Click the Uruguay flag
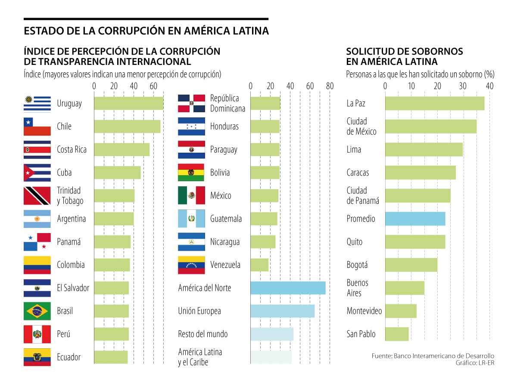(x=37, y=104)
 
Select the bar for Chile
(x=127, y=126)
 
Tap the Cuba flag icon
(x=37, y=172)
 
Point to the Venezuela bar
(x=259, y=265)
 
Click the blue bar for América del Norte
(x=288, y=288)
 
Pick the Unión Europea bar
(x=282, y=311)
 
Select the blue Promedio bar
(x=415, y=219)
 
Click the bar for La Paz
(x=434, y=104)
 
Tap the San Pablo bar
(x=397, y=334)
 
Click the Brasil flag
(x=37, y=311)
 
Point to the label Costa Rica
(x=72, y=150)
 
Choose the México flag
(x=191, y=196)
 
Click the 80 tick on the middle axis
(x=330, y=86)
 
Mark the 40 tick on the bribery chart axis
(x=489, y=86)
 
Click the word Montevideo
(x=364, y=311)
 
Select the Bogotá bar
(x=411, y=265)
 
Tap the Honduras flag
(x=191, y=126)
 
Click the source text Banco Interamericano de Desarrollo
(x=444, y=356)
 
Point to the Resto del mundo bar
(x=272, y=334)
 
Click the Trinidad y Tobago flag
(x=37, y=196)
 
